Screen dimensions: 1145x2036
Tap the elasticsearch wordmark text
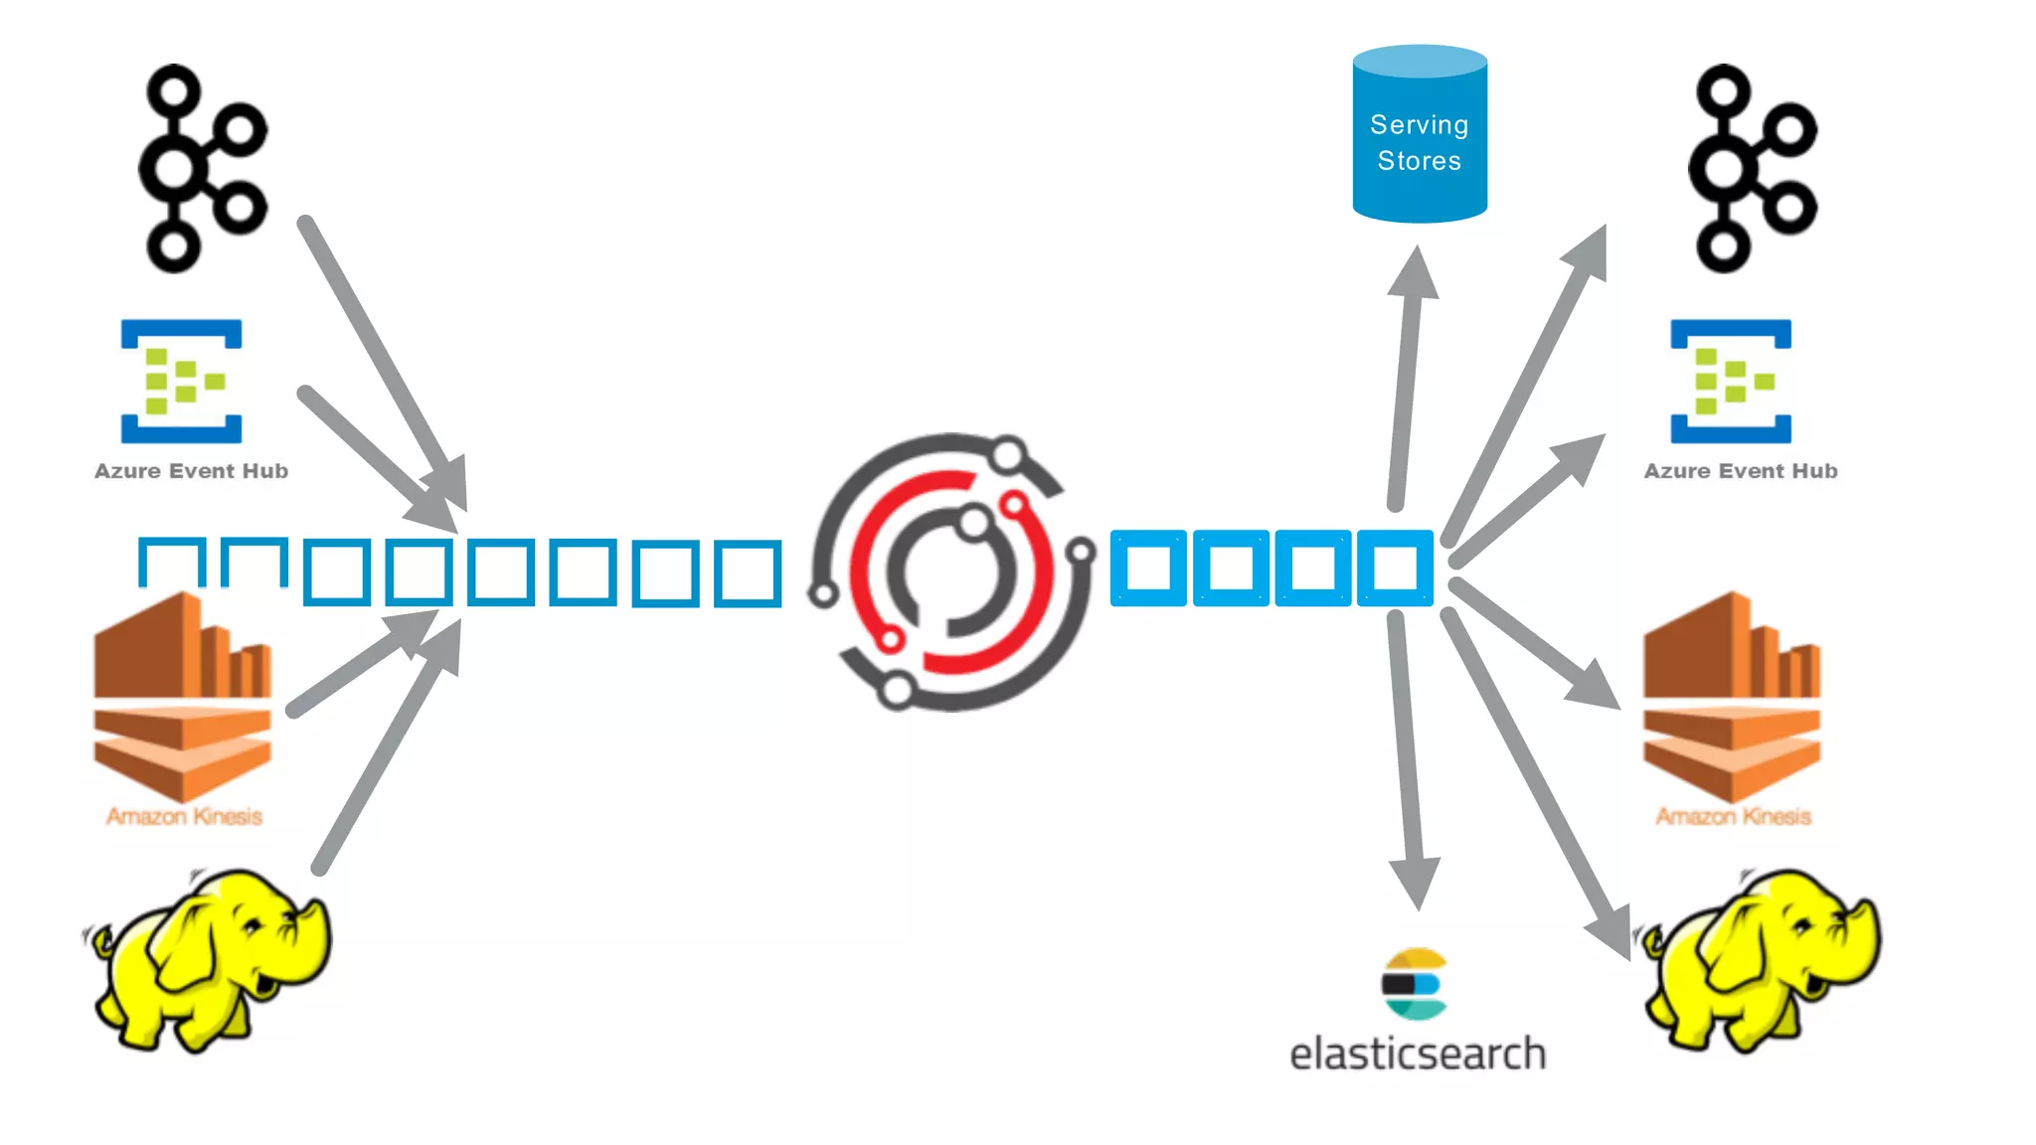pyautogui.click(x=1418, y=1054)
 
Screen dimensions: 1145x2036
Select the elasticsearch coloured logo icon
pyautogui.click(x=1415, y=984)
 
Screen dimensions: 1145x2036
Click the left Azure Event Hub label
pyautogui.click(x=191, y=471)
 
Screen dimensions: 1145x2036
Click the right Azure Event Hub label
pyautogui.click(x=1740, y=471)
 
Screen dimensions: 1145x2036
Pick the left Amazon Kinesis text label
pyautogui.click(x=184, y=817)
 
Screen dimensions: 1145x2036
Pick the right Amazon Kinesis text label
pyautogui.click(x=1733, y=817)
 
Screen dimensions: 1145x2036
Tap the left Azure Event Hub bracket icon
pyautogui.click(x=181, y=381)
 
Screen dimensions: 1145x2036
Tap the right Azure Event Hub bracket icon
pyautogui.click(x=1731, y=381)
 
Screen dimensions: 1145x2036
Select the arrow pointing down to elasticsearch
pyautogui.click(x=1407, y=755)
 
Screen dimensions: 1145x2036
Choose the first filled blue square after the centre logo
pyautogui.click(x=1148, y=568)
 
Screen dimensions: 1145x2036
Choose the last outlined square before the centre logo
pyautogui.click(x=748, y=572)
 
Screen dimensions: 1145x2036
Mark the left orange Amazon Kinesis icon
pyautogui.click(x=182, y=696)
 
